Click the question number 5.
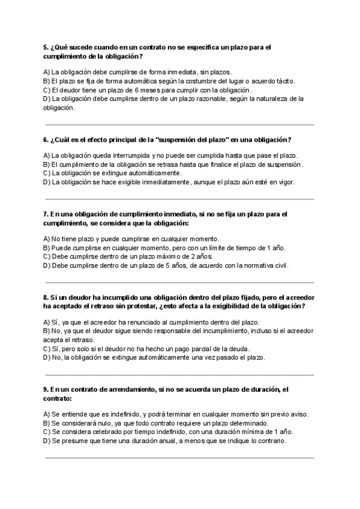click(x=46, y=47)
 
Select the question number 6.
click(x=46, y=140)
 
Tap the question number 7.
click(x=46, y=214)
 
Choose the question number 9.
click(x=46, y=390)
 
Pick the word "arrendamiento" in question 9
click(x=130, y=390)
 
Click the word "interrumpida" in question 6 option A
click(x=119, y=155)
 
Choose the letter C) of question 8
click(x=47, y=348)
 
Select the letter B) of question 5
click(x=47, y=81)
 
